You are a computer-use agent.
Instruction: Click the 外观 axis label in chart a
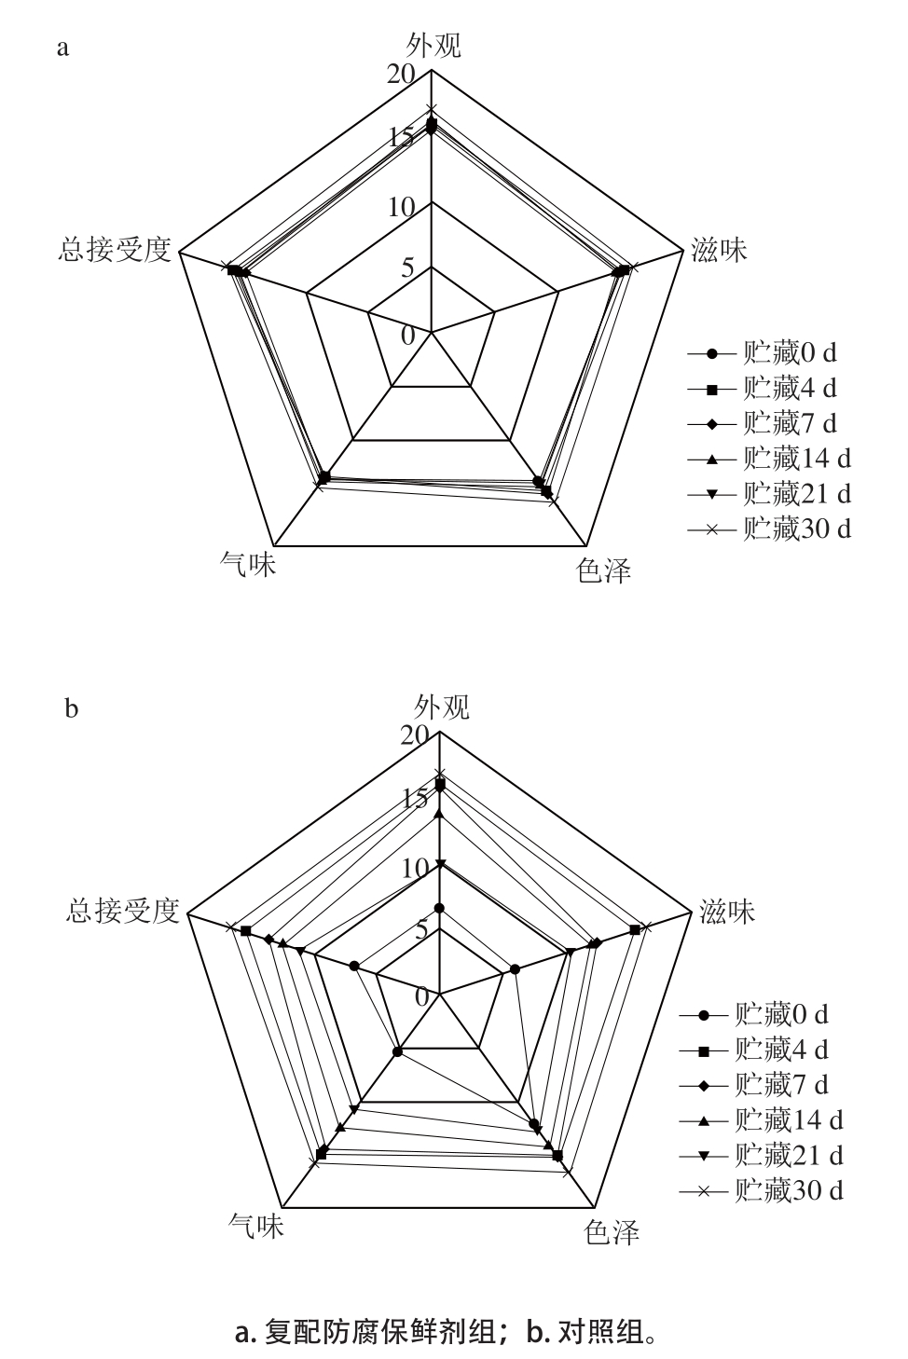(x=433, y=46)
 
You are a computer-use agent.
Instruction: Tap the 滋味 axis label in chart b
(x=726, y=912)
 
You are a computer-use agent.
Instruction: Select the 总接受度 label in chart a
(x=115, y=250)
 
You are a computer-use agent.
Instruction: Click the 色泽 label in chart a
(x=604, y=570)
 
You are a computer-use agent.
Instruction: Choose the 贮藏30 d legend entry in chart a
(x=770, y=529)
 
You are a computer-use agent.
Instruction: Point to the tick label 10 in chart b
(x=415, y=869)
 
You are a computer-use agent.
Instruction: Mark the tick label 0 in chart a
(x=408, y=335)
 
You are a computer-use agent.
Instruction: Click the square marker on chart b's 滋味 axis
(x=635, y=930)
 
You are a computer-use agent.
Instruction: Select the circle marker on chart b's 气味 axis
(x=397, y=1051)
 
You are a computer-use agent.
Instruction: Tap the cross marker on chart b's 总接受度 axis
(x=228, y=927)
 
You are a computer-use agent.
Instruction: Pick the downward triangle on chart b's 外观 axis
(x=440, y=863)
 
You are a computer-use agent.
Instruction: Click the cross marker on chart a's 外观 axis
(x=431, y=110)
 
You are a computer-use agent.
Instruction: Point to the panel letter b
(x=71, y=708)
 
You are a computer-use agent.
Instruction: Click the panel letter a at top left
(x=62, y=48)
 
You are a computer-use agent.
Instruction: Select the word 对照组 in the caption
(x=600, y=1332)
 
